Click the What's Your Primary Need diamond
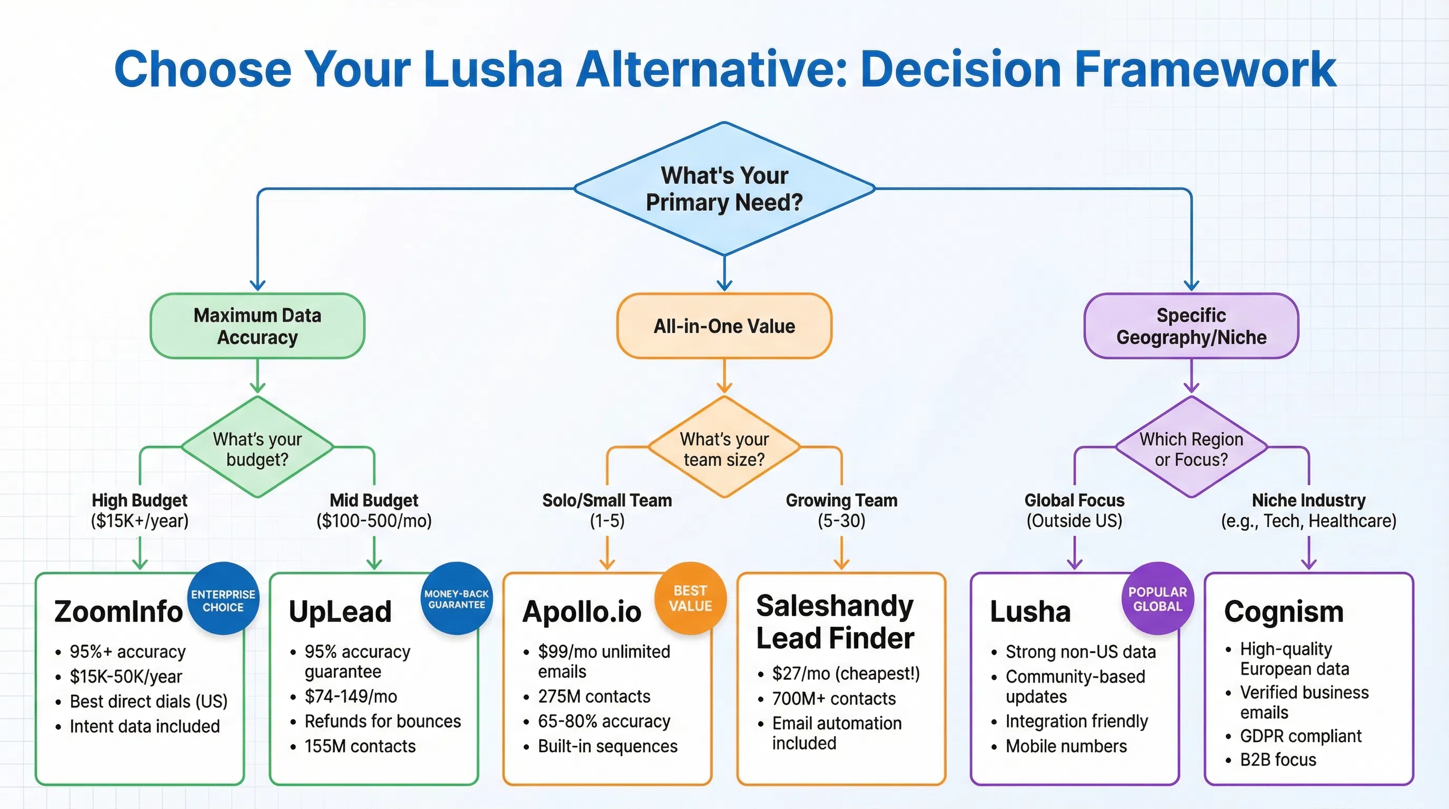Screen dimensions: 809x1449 point(724,189)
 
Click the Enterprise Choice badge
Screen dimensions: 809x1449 point(223,600)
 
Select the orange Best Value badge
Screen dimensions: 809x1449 point(690,597)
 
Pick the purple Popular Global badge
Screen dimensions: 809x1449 point(1158,599)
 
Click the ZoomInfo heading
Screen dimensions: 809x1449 point(118,611)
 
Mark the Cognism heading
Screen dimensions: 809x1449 point(1284,611)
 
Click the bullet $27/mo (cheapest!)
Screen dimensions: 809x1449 point(846,674)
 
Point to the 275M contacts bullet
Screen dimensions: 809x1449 point(593,696)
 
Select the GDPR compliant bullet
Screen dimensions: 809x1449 point(1300,736)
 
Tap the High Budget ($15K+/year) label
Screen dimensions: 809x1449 point(140,510)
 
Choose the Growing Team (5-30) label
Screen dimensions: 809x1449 point(841,510)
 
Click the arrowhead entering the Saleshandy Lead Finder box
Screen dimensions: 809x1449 point(841,564)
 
